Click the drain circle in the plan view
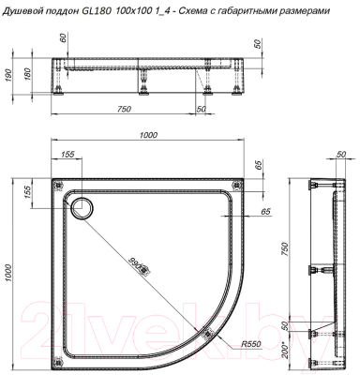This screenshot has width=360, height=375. click(x=82, y=206)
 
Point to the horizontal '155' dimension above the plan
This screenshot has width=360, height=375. click(x=67, y=156)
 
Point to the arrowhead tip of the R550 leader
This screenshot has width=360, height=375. click(x=201, y=328)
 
